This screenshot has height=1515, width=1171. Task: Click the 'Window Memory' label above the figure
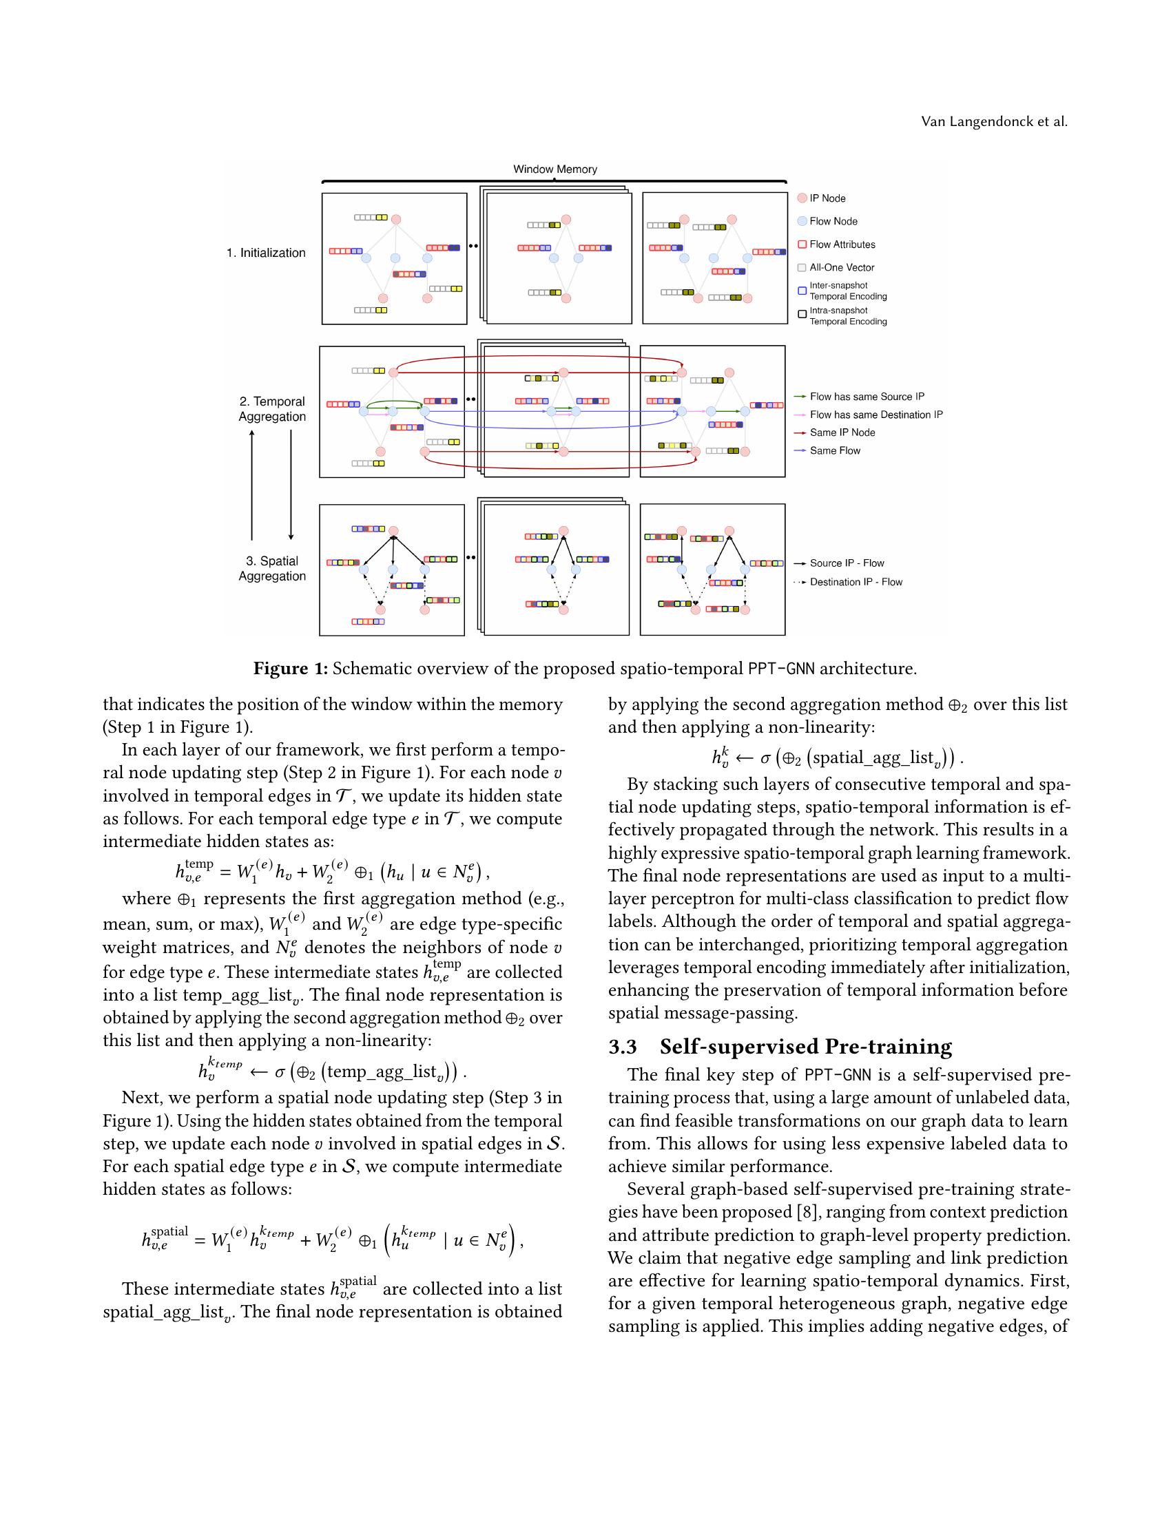[555, 169]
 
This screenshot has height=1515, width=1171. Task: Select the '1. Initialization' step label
[266, 253]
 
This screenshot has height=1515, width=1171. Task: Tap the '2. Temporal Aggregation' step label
[272, 409]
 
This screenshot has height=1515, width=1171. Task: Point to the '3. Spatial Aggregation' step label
[272, 569]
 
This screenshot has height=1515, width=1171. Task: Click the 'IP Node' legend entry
[827, 198]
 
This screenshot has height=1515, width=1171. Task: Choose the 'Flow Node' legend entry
[833, 221]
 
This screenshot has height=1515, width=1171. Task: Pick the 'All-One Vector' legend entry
[842, 268]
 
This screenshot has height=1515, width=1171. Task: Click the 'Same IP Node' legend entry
[842, 433]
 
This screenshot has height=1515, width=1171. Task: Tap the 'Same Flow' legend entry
[835, 451]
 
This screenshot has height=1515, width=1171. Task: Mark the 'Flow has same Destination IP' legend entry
[875, 415]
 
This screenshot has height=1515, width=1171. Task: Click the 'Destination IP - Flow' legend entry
[856, 582]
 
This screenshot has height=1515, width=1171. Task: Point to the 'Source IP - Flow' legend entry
[847, 563]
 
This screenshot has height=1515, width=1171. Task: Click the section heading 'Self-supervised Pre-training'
[805, 1047]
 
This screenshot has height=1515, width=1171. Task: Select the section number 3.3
[622, 1047]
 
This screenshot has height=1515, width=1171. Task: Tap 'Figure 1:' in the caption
[290, 669]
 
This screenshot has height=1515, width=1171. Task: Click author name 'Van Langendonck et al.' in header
[993, 122]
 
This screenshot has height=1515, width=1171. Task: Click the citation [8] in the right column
[803, 1212]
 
